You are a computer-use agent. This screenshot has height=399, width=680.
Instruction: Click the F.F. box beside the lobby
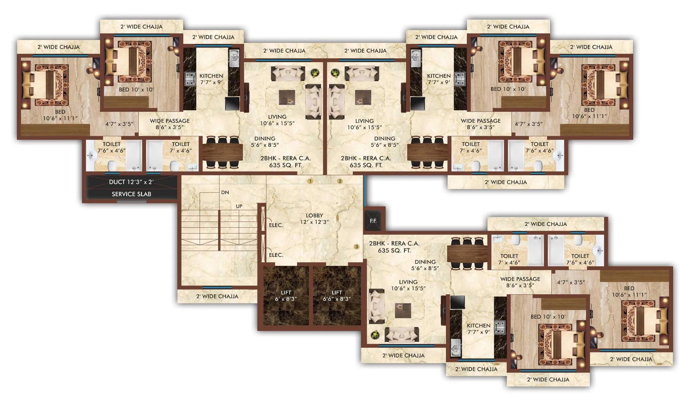pyautogui.click(x=373, y=221)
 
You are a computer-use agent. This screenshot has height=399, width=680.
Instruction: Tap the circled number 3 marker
pyautogui.click(x=357, y=247)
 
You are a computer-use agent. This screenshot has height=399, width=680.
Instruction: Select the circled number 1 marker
pyautogui.click(x=310, y=181)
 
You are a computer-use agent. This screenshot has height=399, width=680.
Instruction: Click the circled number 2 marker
pyautogui.click(x=340, y=181)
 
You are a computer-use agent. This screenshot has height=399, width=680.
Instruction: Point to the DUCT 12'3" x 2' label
pyautogui.click(x=131, y=182)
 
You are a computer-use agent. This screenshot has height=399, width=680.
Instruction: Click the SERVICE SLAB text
pyautogui.click(x=131, y=194)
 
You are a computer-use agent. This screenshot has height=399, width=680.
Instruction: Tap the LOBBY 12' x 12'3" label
pyautogui.click(x=314, y=219)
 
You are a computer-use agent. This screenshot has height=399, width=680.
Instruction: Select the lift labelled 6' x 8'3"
pyautogui.click(x=286, y=296)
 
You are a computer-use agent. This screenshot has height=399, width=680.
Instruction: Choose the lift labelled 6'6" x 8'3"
pyautogui.click(x=337, y=296)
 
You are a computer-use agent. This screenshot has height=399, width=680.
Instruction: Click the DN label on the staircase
pyautogui.click(x=225, y=192)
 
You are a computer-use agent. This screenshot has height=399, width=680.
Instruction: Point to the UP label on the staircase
pyautogui.click(x=239, y=206)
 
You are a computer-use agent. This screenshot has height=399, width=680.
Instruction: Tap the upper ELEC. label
pyautogui.click(x=276, y=225)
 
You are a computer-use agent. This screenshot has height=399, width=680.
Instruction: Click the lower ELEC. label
pyautogui.click(x=276, y=255)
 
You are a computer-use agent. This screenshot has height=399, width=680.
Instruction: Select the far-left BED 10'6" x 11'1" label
pyautogui.click(x=60, y=115)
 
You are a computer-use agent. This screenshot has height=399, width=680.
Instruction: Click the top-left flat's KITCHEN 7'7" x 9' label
pyautogui.click(x=211, y=79)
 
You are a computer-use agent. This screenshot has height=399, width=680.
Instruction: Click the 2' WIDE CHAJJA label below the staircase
pyautogui.click(x=217, y=296)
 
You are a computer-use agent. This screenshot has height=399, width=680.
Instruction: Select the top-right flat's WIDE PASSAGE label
pyautogui.click(x=480, y=124)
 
